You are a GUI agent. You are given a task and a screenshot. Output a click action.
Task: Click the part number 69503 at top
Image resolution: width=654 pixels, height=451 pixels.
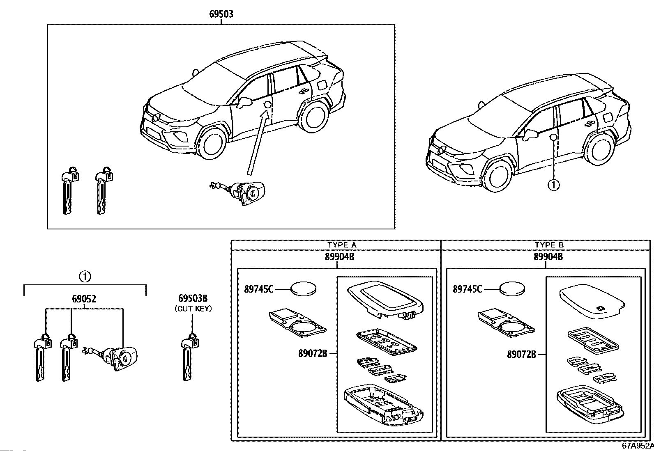[x=221, y=14]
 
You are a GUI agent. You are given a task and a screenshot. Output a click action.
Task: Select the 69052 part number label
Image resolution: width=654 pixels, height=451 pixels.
[x=84, y=299]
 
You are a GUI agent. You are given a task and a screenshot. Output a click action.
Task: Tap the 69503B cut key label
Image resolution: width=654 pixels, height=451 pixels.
[x=193, y=298]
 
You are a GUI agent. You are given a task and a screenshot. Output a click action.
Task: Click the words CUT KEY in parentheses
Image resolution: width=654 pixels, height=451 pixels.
[x=193, y=308]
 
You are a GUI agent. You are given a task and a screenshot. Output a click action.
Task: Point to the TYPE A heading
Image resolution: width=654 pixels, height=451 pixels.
[x=342, y=245]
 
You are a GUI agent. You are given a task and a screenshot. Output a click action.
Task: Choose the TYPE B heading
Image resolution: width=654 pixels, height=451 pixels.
[x=549, y=245]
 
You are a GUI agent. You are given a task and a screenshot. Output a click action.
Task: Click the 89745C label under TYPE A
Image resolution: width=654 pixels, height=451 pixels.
[x=259, y=289]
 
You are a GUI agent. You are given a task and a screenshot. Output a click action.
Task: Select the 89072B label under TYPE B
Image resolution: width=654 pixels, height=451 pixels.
[x=521, y=355]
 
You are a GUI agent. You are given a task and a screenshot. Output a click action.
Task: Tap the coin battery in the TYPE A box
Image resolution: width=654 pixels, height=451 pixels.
[x=304, y=289]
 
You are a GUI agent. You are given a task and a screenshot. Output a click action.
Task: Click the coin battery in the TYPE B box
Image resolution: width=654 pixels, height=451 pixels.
[x=512, y=289]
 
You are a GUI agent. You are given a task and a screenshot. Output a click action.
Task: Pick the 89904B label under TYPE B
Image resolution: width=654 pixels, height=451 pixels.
[x=548, y=257]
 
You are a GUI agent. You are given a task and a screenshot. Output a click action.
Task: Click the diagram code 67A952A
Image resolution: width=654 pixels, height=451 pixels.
[x=638, y=446]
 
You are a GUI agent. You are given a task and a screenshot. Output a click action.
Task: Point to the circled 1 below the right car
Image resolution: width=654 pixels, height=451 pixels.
[x=554, y=185]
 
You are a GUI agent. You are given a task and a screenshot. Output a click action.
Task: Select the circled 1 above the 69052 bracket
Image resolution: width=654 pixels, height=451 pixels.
[x=85, y=276]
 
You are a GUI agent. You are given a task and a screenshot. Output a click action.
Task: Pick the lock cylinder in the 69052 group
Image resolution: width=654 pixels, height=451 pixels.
[x=111, y=358]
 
